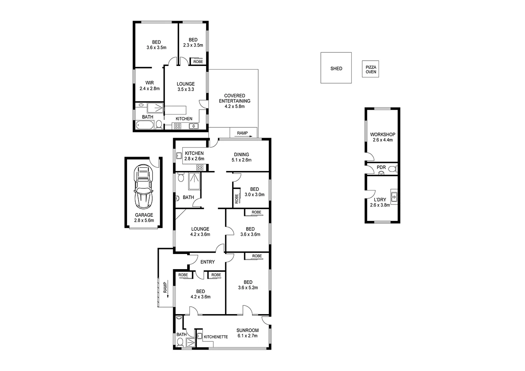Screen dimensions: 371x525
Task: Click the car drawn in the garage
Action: tap(144, 187)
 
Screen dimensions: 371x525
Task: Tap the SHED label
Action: tap(336, 68)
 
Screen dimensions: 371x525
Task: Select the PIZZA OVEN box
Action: tap(369, 69)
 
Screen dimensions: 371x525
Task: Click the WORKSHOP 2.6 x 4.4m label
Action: tap(382, 137)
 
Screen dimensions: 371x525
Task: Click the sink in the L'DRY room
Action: tap(394, 197)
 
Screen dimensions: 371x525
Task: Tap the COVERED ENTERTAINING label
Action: tap(234, 101)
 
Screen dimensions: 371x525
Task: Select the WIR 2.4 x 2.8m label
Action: tap(149, 85)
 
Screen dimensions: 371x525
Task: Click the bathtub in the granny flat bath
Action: tap(144, 125)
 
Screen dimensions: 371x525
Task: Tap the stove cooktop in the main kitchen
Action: tap(200, 167)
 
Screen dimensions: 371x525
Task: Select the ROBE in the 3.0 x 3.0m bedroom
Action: tap(237, 199)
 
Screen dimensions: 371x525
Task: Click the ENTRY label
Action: tap(207, 262)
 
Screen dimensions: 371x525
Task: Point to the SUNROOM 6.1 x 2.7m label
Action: tap(247, 333)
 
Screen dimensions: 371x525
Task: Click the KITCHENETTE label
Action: tap(216, 337)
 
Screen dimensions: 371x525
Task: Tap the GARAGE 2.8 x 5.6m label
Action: tap(144, 217)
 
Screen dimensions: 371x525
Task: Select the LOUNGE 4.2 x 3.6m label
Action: tap(200, 232)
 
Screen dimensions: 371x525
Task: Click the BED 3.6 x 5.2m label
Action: tap(247, 285)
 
